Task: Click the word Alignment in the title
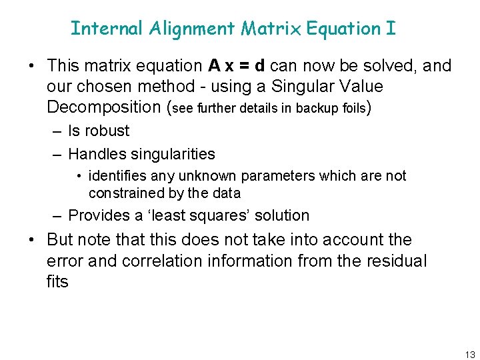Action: [193, 29]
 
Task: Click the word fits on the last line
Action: [57, 281]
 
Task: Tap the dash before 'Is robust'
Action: [57, 131]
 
